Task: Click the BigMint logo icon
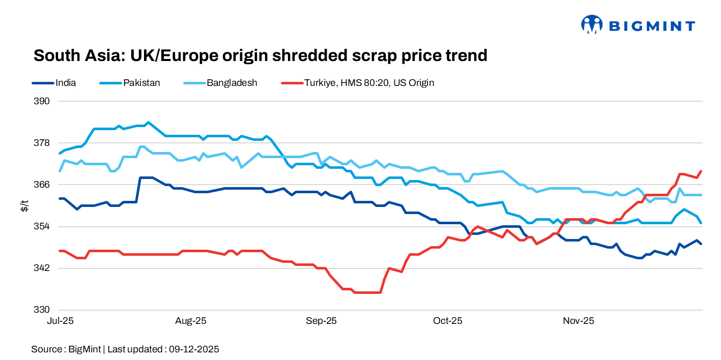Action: point(592,24)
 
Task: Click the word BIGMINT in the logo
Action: point(651,25)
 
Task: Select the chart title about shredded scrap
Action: point(260,55)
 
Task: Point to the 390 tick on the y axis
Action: point(42,101)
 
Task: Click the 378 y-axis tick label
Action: point(42,143)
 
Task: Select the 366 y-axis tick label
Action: point(42,185)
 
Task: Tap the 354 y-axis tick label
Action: point(42,226)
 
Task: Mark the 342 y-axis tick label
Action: point(42,268)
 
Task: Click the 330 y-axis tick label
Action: point(42,310)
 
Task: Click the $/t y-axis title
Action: point(24,205)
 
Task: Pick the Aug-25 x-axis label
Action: point(190,321)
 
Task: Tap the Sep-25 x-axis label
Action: point(321,321)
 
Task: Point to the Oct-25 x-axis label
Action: point(448,321)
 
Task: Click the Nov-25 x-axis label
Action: point(579,321)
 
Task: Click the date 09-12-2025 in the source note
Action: point(194,349)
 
